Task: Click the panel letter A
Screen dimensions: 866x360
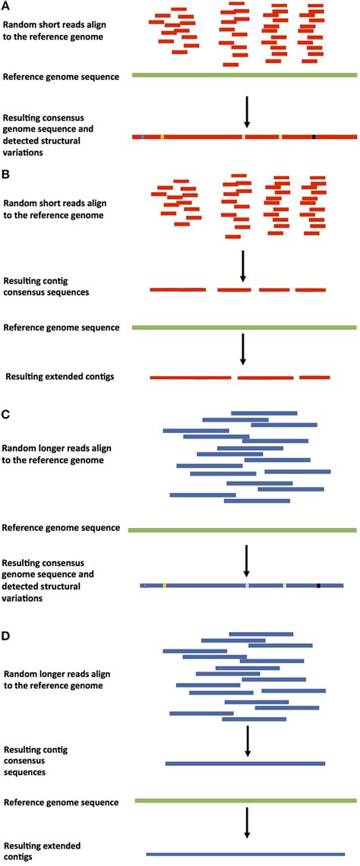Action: (7, 7)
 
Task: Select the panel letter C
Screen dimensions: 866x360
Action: (7, 416)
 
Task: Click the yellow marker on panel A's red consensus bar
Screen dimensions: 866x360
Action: (162, 137)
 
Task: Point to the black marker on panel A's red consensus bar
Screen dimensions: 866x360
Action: (313, 137)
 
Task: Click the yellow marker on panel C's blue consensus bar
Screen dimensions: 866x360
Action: (164, 586)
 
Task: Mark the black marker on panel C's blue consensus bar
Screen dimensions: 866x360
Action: (318, 586)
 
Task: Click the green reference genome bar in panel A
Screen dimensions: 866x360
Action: (245, 75)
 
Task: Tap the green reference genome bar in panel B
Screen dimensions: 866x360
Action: (245, 327)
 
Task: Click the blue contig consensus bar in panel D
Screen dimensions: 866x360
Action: (245, 763)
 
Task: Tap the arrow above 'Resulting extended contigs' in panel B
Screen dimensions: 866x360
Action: (243, 349)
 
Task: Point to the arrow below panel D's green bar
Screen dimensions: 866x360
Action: (247, 823)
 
